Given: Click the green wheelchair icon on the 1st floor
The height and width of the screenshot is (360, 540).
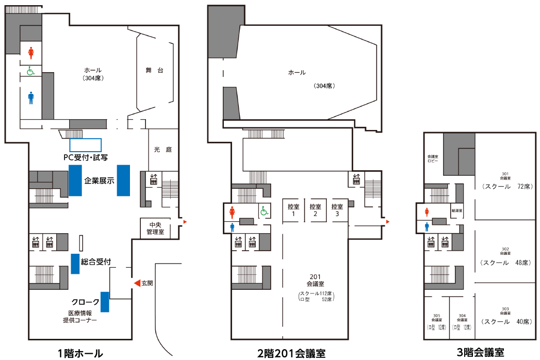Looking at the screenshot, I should pos(30,71).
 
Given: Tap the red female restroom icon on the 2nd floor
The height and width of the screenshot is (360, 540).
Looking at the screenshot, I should pos(233,211).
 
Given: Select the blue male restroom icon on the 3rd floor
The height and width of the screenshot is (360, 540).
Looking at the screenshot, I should pos(427,226).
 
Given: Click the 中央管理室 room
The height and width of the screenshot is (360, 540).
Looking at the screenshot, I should pos(155,228).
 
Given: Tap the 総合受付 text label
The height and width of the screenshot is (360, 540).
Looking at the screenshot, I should pos(96,262).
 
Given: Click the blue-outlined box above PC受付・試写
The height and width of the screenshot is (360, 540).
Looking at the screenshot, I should pos(86,144).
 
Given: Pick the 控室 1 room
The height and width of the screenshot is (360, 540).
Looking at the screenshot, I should pos(293,210).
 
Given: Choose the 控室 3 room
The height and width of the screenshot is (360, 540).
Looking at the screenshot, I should pos(337,210).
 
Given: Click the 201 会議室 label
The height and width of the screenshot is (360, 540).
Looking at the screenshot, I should pos(315,281).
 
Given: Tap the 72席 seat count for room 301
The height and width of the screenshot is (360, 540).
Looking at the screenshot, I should pos(524,187).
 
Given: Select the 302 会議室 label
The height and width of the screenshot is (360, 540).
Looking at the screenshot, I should pos(505,251).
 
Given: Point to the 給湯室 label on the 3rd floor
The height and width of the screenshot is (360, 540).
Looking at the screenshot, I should pos(456,211).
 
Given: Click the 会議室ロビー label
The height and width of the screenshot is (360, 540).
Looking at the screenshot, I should pos(432,158).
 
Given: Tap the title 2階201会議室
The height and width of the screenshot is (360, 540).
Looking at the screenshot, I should pos(291,353).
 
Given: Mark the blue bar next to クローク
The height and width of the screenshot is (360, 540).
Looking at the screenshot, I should pos(105,302).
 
